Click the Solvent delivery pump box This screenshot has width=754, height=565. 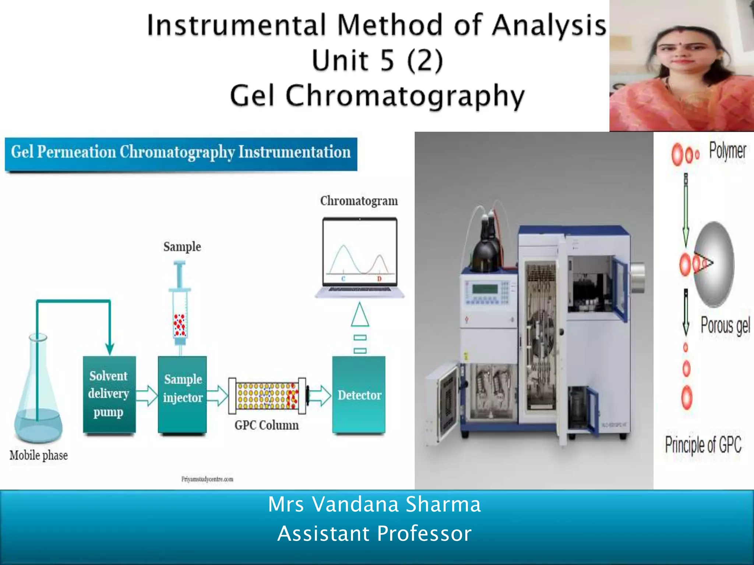(109, 394)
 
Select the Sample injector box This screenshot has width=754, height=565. (182, 394)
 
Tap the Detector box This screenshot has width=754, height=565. (359, 395)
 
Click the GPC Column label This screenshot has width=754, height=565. (267, 425)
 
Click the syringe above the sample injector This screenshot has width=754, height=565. (180, 305)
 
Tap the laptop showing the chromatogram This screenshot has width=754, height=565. (360, 257)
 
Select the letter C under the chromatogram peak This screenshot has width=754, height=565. (343, 279)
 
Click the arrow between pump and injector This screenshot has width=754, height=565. (147, 395)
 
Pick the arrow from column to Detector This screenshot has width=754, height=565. (320, 395)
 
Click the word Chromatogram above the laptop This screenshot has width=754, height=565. (359, 201)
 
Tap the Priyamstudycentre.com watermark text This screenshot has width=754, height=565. (207, 479)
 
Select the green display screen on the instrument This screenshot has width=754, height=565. (485, 288)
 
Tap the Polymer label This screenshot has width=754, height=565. (727, 151)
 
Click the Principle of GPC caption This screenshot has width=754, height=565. (703, 444)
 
